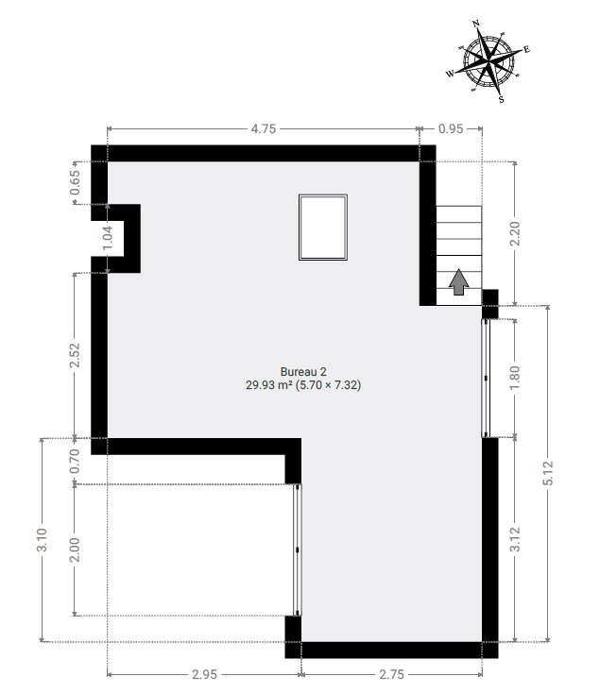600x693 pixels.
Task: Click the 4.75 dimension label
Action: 263,128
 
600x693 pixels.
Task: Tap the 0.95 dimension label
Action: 451,128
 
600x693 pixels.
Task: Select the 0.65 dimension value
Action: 76,182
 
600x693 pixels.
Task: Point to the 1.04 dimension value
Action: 108,238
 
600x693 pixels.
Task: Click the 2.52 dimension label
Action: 76,355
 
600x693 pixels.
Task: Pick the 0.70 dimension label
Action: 76,461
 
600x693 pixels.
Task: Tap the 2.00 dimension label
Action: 76,549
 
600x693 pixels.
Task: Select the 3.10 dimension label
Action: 43,540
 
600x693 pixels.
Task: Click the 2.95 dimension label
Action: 204,674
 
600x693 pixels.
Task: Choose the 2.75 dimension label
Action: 391,674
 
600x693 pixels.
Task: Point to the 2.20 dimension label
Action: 515,233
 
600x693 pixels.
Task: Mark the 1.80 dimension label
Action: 515,378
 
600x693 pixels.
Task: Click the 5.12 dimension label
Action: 548,473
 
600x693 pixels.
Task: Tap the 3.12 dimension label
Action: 515,540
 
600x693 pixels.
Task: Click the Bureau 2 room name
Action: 303,372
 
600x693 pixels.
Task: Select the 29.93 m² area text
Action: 269,385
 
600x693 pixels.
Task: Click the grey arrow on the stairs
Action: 459,282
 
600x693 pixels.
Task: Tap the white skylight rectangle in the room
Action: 323,228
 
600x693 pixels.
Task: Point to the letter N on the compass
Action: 476,24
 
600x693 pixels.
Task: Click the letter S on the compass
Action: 502,99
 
